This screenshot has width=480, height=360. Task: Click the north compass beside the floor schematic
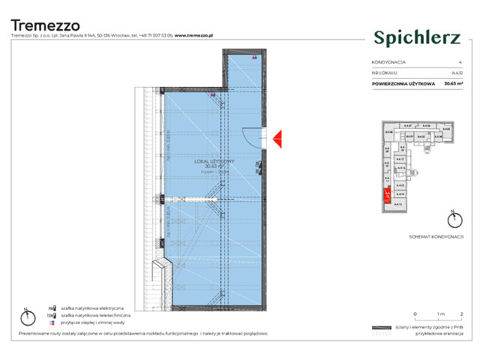coord(451,219)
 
